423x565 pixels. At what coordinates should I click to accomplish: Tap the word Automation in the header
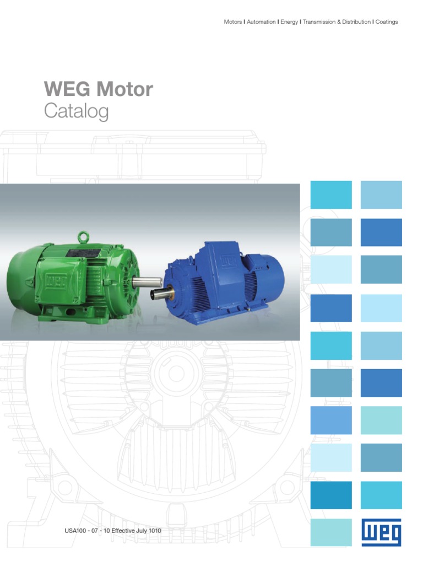click(261, 22)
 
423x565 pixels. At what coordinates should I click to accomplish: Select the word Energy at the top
click(289, 22)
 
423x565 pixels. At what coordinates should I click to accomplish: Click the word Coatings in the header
click(387, 22)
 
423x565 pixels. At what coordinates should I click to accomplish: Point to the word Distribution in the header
click(352, 22)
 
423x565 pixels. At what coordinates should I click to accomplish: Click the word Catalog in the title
click(76, 111)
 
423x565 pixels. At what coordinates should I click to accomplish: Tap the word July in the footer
click(141, 531)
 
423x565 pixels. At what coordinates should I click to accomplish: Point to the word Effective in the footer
click(118, 531)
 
